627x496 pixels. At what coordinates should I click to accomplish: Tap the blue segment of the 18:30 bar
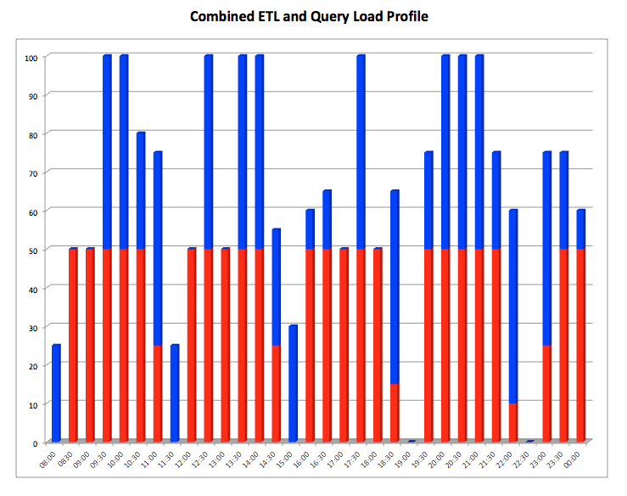click(395, 288)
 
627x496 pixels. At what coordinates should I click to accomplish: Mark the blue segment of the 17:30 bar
click(361, 153)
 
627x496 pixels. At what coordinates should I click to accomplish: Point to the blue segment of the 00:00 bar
click(580, 230)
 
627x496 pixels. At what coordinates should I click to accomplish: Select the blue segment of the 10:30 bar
click(141, 192)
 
